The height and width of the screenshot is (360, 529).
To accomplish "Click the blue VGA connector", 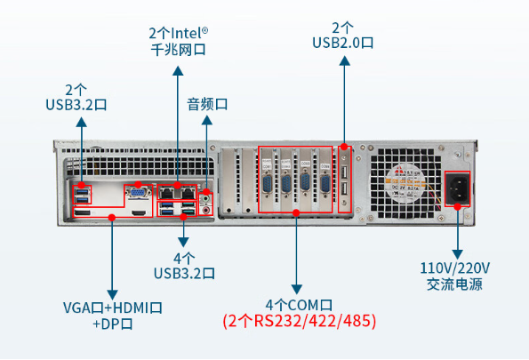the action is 138,193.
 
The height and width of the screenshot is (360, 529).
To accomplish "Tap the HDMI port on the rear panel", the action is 139,212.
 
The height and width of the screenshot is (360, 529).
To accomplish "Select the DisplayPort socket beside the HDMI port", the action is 82,212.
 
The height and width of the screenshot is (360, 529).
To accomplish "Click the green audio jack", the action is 205,199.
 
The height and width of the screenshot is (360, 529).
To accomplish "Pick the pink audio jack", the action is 205,211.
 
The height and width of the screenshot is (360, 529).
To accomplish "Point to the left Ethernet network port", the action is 166,193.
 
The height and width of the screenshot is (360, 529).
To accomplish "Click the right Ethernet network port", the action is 188,193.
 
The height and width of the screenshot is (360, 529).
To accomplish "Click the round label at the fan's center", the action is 405,184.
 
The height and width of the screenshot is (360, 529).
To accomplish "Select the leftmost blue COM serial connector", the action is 268,185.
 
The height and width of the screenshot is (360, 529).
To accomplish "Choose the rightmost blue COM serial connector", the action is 325,184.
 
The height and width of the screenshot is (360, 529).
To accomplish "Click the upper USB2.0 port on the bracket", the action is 344,172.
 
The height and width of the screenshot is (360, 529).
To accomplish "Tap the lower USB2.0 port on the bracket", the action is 344,189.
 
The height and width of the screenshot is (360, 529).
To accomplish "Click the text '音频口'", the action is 207,104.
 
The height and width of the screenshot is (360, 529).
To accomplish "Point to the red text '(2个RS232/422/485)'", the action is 300,321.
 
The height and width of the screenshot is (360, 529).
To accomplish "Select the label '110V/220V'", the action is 455,268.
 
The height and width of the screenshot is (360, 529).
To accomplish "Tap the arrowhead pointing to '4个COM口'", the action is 296,289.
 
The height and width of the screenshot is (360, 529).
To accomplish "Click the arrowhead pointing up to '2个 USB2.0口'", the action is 344,60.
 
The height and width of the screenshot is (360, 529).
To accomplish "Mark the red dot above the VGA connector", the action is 138,185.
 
